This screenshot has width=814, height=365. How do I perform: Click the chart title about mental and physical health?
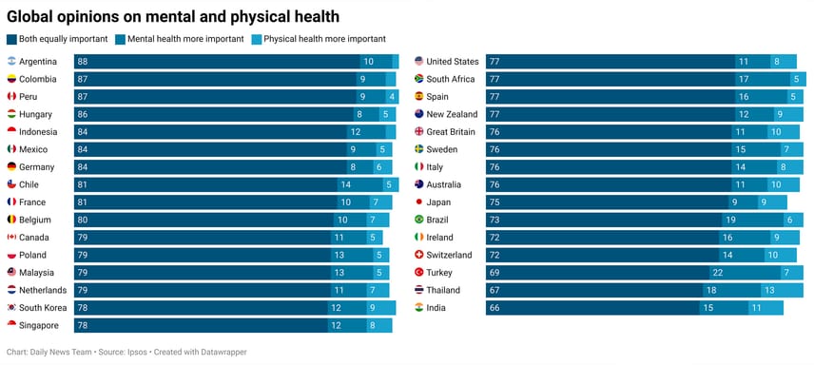(173, 16)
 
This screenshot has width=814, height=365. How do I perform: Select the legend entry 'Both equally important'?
(62, 39)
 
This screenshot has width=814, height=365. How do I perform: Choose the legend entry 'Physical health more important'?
(324, 39)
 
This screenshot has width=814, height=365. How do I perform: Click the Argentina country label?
(38, 62)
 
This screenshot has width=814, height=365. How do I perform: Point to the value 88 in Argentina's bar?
(83, 62)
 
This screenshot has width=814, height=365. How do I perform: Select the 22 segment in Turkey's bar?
(717, 273)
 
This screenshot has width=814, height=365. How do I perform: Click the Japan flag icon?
(418, 202)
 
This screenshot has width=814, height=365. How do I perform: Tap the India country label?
(436, 308)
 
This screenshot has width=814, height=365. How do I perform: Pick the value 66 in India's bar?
(494, 308)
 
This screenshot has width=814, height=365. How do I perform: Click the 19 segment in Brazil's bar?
(730, 220)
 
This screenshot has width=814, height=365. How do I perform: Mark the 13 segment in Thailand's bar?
(768, 291)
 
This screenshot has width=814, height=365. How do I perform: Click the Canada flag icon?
(11, 238)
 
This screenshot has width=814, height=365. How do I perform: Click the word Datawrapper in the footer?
(221, 352)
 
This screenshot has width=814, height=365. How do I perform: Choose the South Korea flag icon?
(11, 308)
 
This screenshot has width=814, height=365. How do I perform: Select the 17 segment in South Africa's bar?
(744, 79)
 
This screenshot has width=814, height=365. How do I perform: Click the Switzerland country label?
(449, 256)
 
